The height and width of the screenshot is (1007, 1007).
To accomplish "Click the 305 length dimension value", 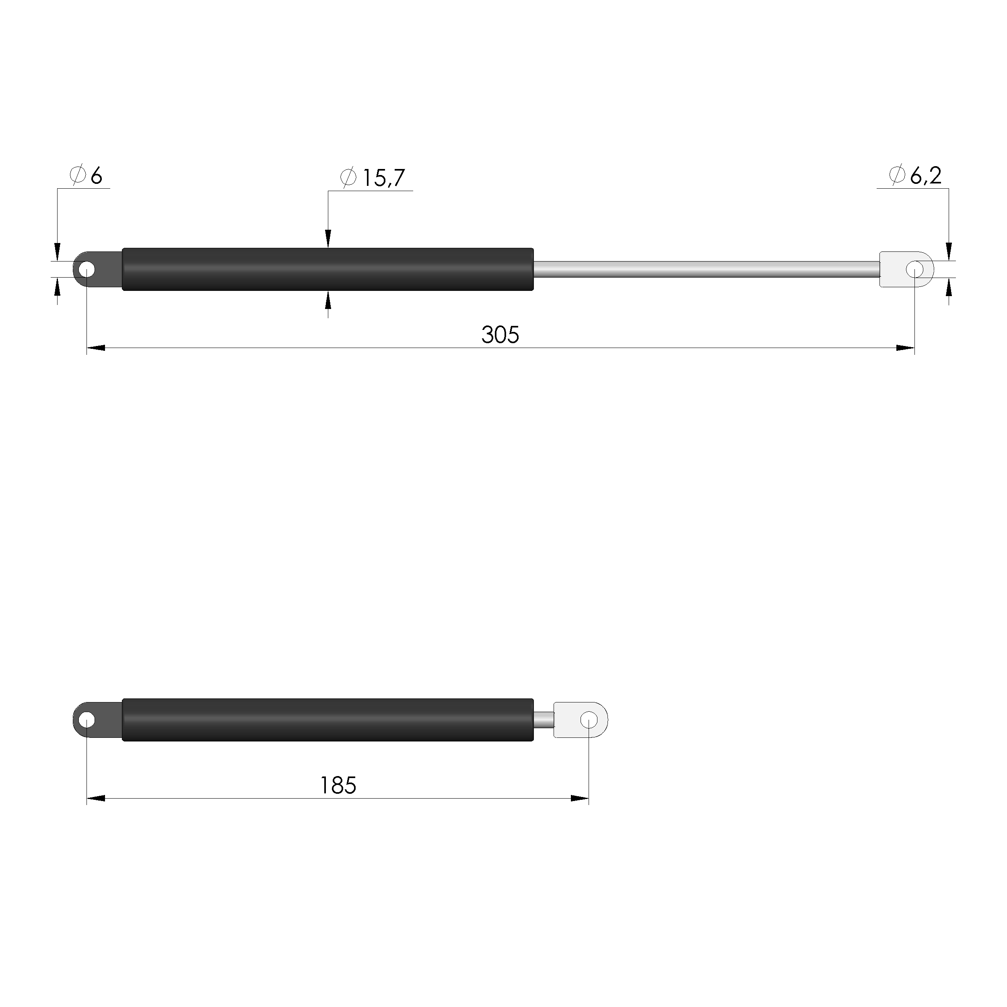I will pos(500,335).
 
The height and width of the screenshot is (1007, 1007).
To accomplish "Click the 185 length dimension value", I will pos(338,785).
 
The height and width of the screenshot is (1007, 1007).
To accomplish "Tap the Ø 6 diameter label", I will pos(86,176).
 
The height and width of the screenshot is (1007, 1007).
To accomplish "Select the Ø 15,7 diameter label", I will pos(372,178).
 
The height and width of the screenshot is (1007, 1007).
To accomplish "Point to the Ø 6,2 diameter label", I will pos(915,176).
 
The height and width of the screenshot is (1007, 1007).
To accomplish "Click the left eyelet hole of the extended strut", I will pos(86,270).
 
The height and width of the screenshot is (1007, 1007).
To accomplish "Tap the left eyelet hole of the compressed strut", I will pos(86,721).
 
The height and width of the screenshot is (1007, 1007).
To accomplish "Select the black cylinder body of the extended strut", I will pos(327,270).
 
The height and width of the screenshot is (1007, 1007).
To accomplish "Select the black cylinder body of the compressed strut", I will pos(327,720).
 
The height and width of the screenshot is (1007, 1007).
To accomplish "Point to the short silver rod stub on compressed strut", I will pos(544,720).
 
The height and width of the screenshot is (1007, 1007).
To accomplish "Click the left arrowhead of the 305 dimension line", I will pos(96,348).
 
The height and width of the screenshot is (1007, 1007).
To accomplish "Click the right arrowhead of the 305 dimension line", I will pos(905,348).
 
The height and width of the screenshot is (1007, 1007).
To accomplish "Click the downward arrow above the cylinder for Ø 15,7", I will pos(328,239).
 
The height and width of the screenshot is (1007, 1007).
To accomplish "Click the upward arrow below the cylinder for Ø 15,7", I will pos(328,300).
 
